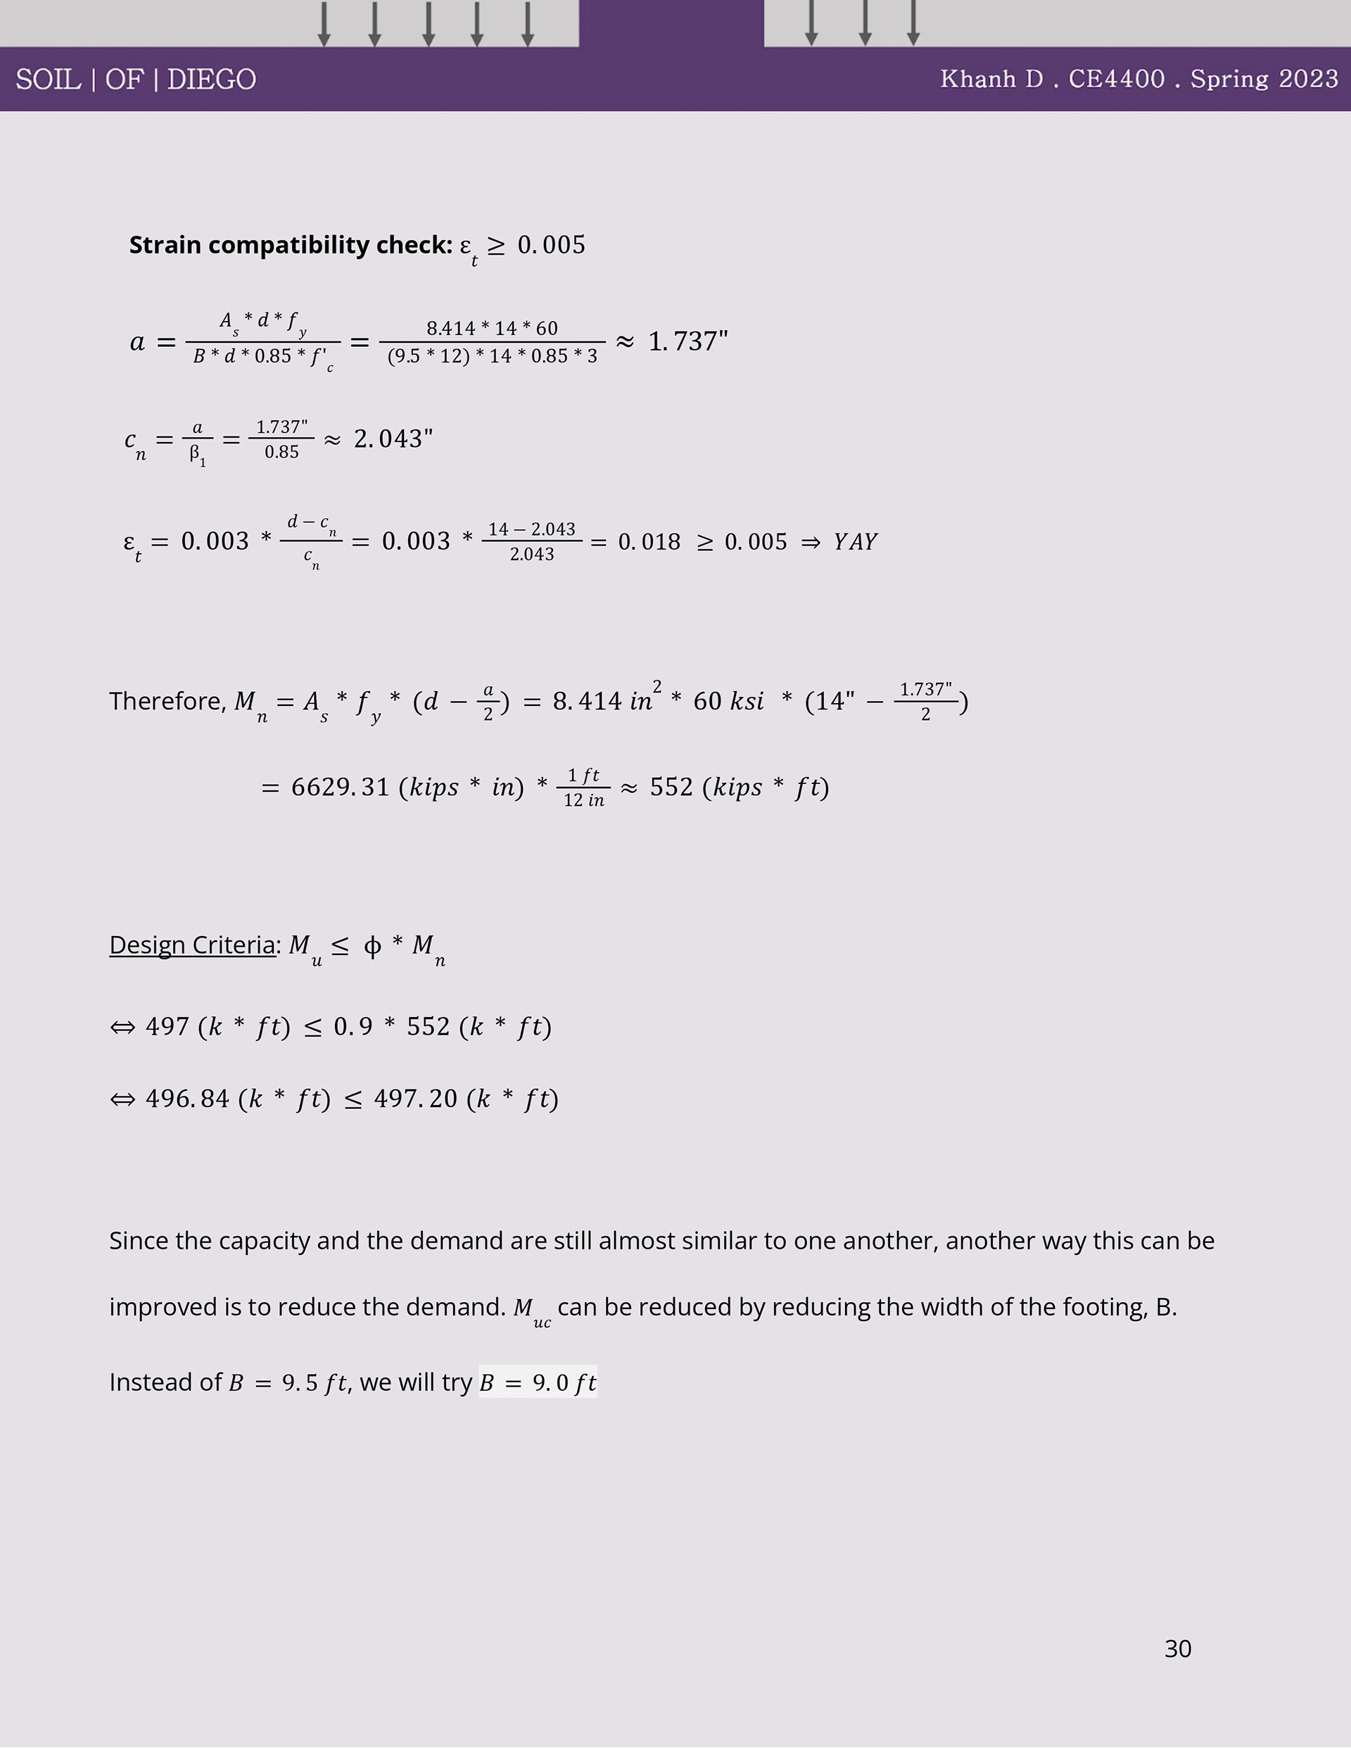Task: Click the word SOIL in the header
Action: pos(48,80)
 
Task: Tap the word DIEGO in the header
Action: pos(211,80)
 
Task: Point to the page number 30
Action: pos(1177,1648)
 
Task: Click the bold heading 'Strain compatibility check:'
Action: pos(291,245)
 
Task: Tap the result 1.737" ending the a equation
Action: pos(688,341)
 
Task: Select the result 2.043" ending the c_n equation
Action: pos(393,439)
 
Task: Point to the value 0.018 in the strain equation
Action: pos(649,542)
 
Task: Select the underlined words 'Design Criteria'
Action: pos(192,945)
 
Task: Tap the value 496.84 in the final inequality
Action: pos(187,1099)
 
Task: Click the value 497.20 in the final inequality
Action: pos(416,1099)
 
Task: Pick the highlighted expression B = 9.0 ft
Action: pos(538,1383)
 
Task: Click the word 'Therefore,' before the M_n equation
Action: pos(168,702)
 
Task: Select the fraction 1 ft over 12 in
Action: pos(583,788)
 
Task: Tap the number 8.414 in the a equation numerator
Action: pos(451,329)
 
